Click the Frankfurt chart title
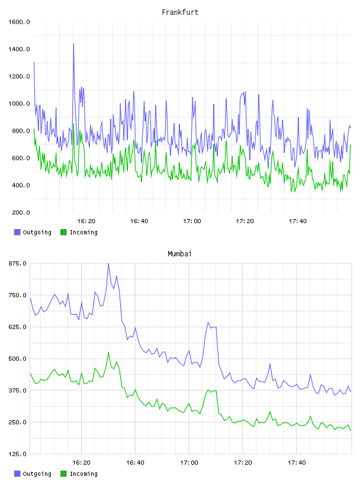tap(180, 12)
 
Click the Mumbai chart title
tap(179, 254)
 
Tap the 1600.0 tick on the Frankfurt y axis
tap(19, 22)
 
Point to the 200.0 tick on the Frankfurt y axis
tap(21, 212)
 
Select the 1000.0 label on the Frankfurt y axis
tap(19, 104)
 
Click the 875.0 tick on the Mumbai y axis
tap(17, 263)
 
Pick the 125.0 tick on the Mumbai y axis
tap(17, 454)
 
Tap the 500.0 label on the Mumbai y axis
tap(17, 359)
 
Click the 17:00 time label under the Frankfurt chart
tap(192, 221)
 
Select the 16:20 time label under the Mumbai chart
tap(81, 463)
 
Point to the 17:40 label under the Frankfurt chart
tap(298, 221)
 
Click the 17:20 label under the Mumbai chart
tap(243, 463)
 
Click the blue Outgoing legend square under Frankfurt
tap(17, 232)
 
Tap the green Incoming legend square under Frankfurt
tap(63, 232)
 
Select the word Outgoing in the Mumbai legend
tap(37, 474)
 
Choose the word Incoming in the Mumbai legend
tap(83, 474)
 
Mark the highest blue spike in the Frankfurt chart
tap(73, 44)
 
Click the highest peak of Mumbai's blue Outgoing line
tap(108, 263)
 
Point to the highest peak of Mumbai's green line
tap(108, 352)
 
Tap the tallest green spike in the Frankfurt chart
tap(73, 124)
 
